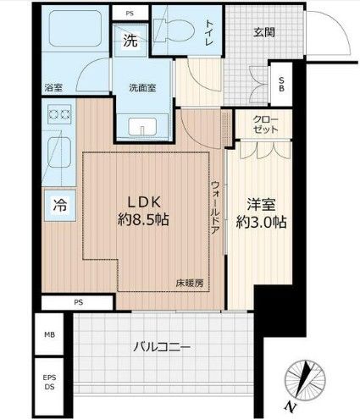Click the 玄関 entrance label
point(264,32)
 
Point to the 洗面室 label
point(141,86)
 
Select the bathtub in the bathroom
point(75,35)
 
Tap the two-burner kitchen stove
point(58,113)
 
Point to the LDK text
point(146,201)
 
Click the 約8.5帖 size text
point(146,220)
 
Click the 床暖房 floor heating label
point(189,282)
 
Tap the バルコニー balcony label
point(161,346)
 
